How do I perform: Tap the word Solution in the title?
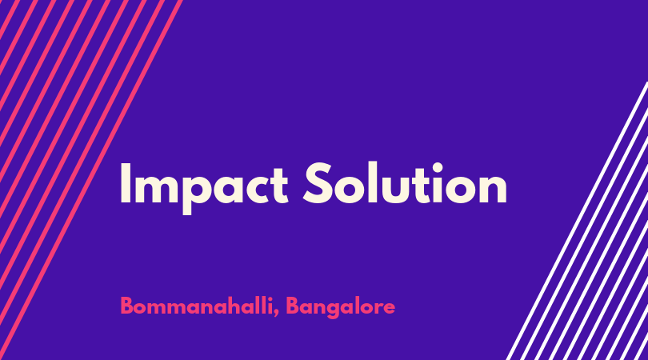click(406, 183)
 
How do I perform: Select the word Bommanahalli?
click(197, 306)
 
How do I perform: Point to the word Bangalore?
click(341, 307)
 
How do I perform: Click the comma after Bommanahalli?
click(276, 313)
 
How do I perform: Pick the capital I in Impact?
click(126, 183)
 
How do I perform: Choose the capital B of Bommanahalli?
click(126, 306)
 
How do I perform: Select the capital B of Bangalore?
click(292, 306)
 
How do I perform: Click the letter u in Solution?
click(396, 190)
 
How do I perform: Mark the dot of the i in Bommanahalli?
click(270, 298)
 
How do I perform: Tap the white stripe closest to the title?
click(577, 221)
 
